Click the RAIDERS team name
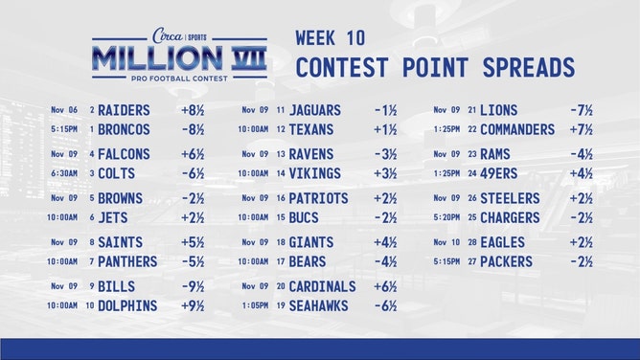(125, 110)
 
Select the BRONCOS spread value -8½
(194, 129)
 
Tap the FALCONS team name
(125, 154)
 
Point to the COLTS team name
(117, 173)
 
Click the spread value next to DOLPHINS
(194, 306)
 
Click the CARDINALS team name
(323, 286)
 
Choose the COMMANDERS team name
(517, 129)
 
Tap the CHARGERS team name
(512, 217)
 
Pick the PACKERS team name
(507, 261)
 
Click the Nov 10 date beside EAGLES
(446, 242)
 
